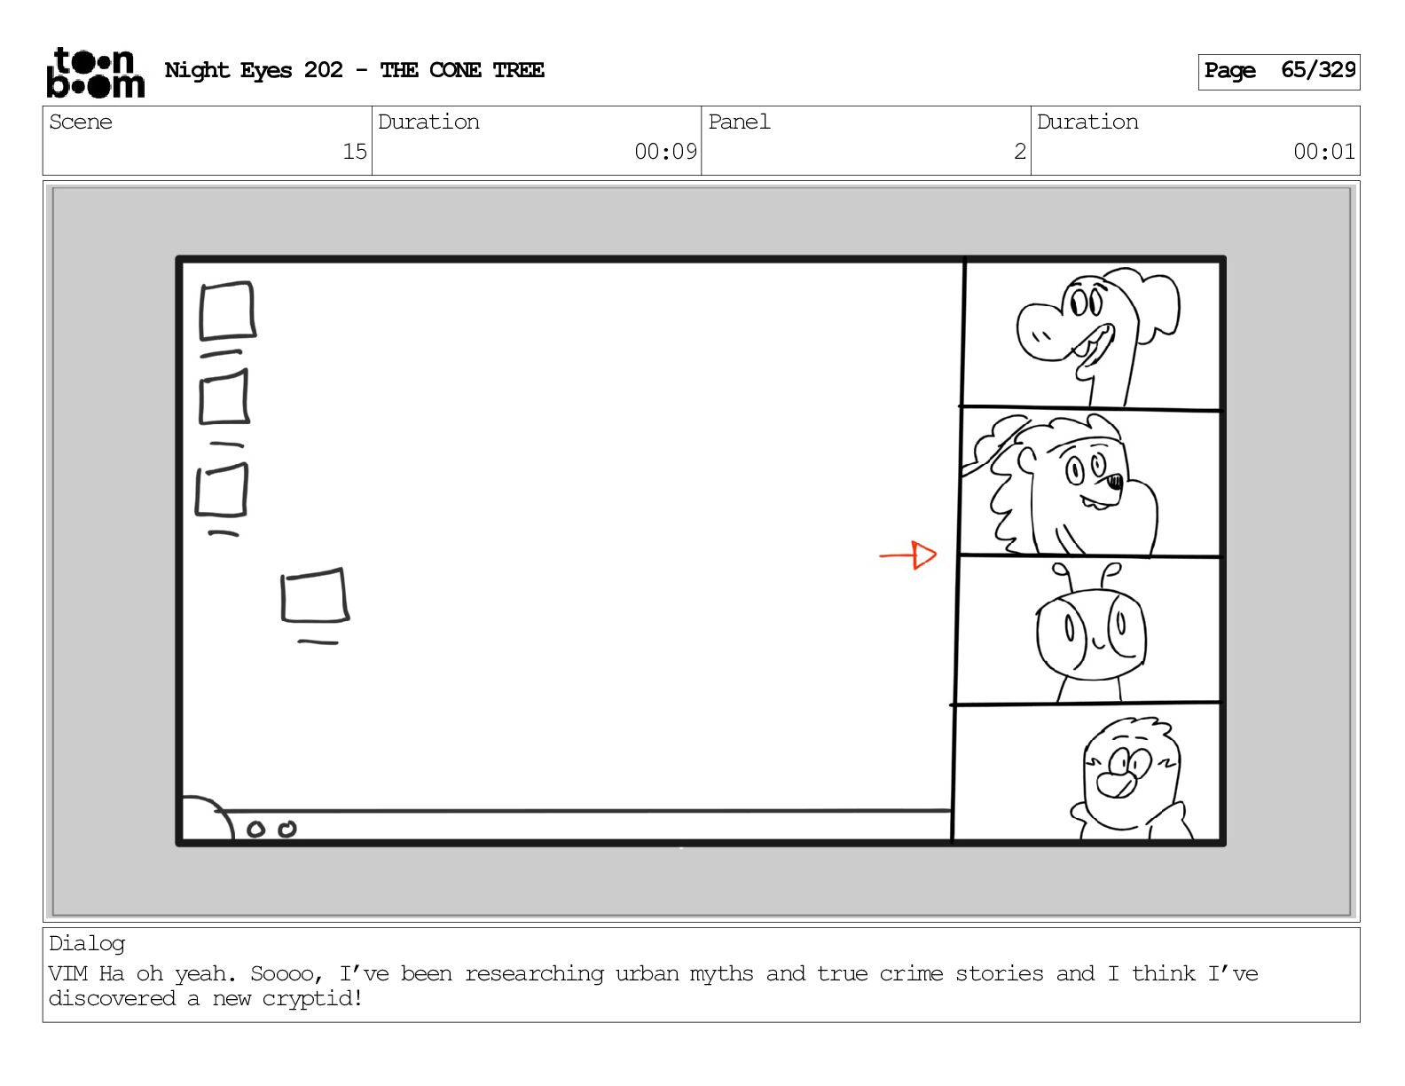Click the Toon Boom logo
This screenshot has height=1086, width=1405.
tap(96, 73)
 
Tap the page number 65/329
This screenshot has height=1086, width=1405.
tap(1318, 70)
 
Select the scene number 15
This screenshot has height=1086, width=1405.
tap(354, 152)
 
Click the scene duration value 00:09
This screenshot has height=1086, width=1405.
tap(665, 152)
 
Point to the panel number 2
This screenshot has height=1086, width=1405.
tap(1020, 152)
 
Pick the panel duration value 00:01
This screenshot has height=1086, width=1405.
tap(1323, 152)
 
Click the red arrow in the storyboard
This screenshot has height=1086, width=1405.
tap(907, 555)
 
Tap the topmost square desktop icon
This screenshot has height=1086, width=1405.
tap(227, 311)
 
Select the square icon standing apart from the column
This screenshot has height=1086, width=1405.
tap(315, 595)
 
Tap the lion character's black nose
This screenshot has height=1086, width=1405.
tap(1114, 481)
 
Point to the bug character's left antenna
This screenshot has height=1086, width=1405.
tap(1063, 576)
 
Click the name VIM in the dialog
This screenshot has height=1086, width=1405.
tap(67, 973)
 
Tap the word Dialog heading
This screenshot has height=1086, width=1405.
tap(87, 944)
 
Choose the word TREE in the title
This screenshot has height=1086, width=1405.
tap(518, 70)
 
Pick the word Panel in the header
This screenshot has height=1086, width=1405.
tap(739, 122)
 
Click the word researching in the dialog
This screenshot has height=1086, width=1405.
tap(533, 974)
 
